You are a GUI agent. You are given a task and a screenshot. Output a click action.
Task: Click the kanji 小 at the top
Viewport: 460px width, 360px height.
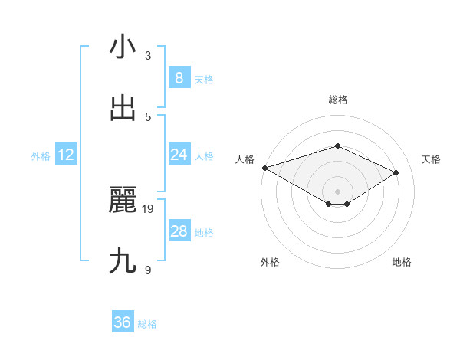point(123,47)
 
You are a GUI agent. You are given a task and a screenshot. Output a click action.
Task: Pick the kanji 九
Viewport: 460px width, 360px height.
point(123,261)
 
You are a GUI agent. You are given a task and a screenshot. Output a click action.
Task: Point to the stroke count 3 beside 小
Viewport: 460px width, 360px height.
point(148,55)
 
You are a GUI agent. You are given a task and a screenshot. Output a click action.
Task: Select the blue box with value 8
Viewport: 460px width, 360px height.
point(179,77)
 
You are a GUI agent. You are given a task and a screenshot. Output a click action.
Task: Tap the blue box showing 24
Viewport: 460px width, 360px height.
point(179,155)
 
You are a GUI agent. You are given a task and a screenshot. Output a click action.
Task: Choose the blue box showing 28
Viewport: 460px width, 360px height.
point(179,231)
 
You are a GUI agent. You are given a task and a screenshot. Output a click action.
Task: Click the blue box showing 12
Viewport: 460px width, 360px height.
point(66,155)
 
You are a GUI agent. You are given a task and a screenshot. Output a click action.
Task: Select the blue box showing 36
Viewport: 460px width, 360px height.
point(123,322)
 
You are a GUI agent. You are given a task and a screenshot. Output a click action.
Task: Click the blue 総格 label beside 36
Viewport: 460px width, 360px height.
point(147,324)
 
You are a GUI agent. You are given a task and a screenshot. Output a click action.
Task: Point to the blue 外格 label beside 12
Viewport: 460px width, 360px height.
point(41,156)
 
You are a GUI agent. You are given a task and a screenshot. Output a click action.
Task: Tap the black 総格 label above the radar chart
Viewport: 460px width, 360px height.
point(337,100)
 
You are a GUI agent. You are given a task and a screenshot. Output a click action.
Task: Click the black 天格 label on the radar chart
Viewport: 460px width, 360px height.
point(432,159)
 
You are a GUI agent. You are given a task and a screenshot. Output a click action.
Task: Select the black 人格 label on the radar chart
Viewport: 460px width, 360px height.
point(245,159)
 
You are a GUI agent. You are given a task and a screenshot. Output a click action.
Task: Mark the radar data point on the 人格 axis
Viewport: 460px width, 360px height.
point(264,168)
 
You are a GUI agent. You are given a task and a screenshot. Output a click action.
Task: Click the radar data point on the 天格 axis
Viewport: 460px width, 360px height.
point(396,172)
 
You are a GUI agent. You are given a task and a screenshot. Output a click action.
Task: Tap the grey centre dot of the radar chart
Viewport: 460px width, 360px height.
point(337,191)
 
